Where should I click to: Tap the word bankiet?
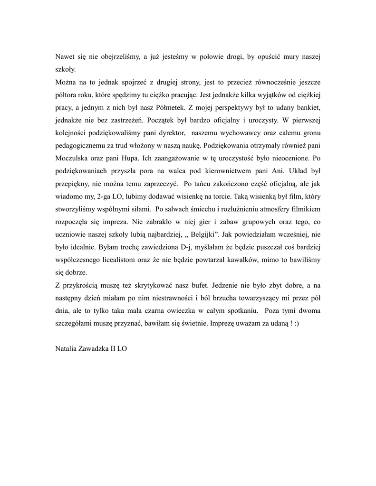308,107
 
